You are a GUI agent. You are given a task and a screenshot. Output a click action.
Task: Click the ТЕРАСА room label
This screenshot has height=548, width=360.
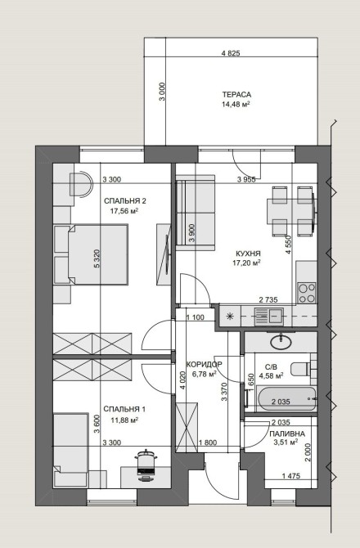point(236,95)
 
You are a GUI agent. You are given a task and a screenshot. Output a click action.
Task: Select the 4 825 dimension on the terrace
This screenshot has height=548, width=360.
point(231,53)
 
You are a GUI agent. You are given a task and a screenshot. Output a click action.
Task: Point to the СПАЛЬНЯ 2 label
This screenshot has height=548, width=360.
point(125,201)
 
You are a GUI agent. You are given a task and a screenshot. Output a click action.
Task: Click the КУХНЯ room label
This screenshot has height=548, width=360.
point(248,254)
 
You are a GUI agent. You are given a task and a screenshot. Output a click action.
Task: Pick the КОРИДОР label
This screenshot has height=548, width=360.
point(204,365)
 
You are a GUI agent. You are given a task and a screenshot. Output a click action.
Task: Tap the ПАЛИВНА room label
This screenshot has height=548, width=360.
point(287,433)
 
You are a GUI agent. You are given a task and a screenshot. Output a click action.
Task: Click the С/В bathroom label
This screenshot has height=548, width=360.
point(271,367)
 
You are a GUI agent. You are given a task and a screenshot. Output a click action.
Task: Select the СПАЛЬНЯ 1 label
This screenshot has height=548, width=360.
point(124,409)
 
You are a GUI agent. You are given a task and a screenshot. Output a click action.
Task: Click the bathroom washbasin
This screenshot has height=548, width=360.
point(281,341)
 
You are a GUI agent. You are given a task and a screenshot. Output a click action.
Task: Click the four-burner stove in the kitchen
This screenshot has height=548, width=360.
point(307,293)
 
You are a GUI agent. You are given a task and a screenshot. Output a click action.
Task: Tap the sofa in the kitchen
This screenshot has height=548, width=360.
point(195,213)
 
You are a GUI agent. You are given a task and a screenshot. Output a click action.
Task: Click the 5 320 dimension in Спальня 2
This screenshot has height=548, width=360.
point(97,258)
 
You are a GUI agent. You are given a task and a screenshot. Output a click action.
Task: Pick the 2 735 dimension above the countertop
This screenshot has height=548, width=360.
point(268,299)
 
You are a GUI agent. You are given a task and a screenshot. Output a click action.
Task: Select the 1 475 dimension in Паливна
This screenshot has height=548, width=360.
point(290,476)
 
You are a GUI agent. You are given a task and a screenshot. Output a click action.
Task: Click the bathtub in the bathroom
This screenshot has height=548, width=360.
point(286,399)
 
